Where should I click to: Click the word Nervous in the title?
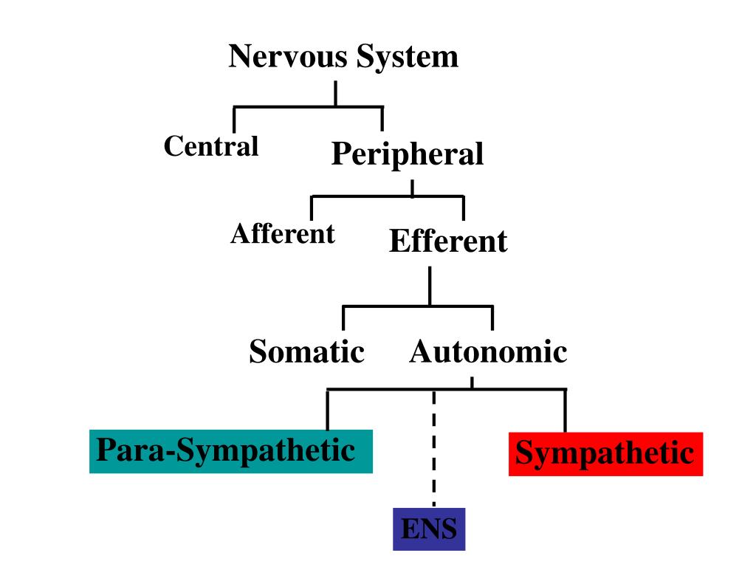[x=289, y=57]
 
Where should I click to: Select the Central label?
[x=211, y=146]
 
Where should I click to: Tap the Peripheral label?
[x=408, y=154]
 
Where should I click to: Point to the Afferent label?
[x=283, y=234]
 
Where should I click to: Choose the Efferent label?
[x=448, y=241]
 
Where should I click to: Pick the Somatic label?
[x=306, y=351]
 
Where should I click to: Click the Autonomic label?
[x=488, y=351]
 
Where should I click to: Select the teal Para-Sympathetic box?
[x=230, y=450]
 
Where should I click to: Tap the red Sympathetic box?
[x=605, y=453]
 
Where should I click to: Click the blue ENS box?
[x=428, y=529]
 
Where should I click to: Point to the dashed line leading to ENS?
[x=434, y=450]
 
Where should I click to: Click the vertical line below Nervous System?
[x=336, y=94]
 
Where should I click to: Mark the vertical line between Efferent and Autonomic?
[x=430, y=286]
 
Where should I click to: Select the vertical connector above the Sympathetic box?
[x=565, y=410]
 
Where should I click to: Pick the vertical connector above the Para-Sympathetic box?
[x=327, y=410]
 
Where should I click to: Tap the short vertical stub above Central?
[x=235, y=120]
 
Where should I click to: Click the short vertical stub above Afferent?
[x=312, y=207]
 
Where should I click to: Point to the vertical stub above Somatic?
[x=343, y=318]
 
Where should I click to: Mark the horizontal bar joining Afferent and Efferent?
[x=388, y=196]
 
